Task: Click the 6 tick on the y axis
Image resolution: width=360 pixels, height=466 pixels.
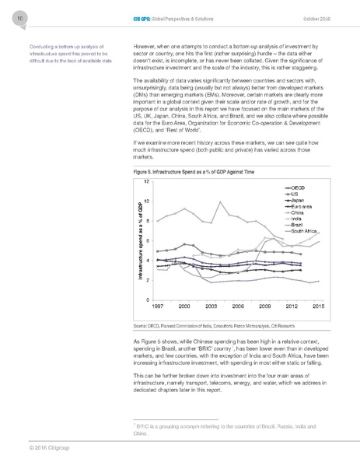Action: tap(147, 240)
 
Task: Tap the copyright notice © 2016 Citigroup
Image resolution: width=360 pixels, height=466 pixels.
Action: tap(38, 448)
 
